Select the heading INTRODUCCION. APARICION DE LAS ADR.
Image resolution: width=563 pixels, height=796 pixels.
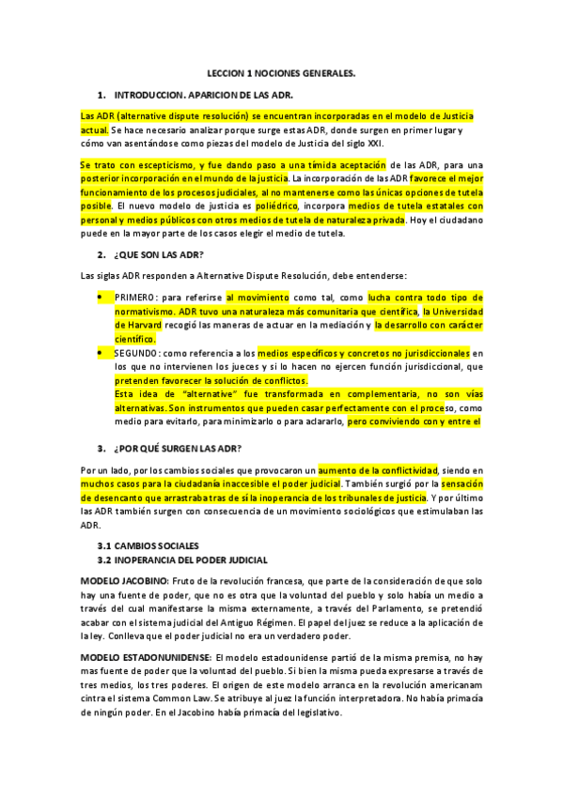tap(203, 96)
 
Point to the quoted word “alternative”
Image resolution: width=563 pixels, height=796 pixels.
tap(204, 394)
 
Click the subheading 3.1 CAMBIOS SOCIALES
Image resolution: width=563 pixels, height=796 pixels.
tap(149, 544)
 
